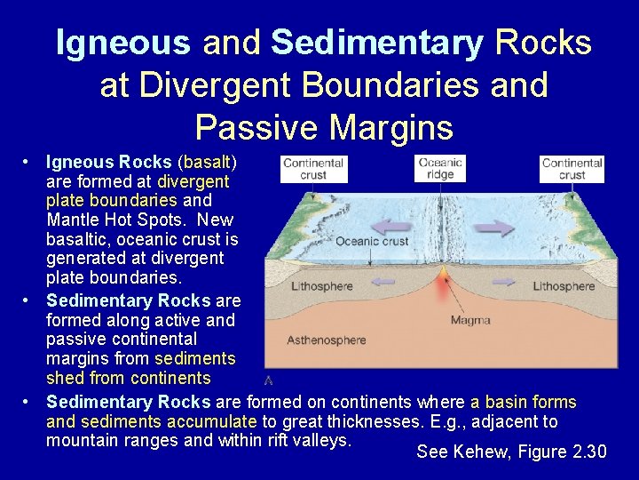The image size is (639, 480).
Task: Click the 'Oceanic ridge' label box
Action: pyautogui.click(x=441, y=169)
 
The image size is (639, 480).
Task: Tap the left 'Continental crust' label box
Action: pyautogui.click(x=312, y=169)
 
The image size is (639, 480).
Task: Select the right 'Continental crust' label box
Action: pyautogui.click(x=572, y=169)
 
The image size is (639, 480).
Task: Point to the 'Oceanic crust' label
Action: pyautogui.click(x=372, y=241)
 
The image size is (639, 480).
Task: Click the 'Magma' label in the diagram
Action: pyautogui.click(x=470, y=320)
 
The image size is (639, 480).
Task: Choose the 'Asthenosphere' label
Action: pyautogui.click(x=327, y=340)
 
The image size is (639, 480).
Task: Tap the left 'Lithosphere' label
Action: pyautogui.click(x=322, y=286)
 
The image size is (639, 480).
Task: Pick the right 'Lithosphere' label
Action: pyautogui.click(x=564, y=286)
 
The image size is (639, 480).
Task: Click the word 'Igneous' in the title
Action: pyautogui.click(x=122, y=43)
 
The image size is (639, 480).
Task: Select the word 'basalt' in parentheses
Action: pyautogui.click(x=207, y=163)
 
